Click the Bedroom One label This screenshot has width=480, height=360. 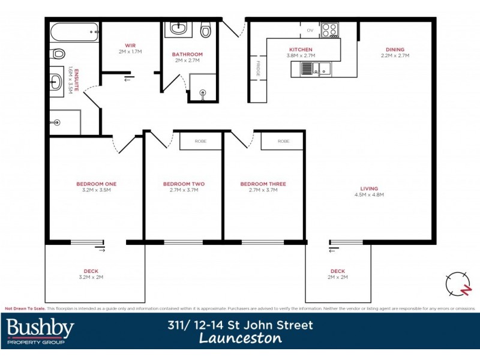(96, 184)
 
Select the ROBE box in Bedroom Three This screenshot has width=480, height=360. (283, 141)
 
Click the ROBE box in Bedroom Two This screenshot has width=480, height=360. (200, 141)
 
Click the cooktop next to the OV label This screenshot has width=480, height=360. (329, 29)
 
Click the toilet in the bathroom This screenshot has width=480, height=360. (206, 29)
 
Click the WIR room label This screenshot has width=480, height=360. (130, 46)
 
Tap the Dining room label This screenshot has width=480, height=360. (395, 50)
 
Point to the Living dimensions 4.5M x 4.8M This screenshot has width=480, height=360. (369, 195)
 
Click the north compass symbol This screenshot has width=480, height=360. (458, 283)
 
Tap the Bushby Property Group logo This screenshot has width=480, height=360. (41, 331)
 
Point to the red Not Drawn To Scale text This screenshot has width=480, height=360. (25, 308)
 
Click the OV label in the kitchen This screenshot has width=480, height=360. (310, 29)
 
